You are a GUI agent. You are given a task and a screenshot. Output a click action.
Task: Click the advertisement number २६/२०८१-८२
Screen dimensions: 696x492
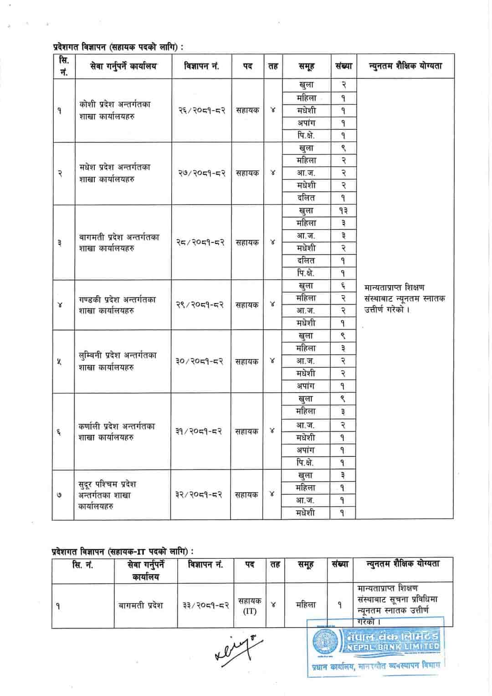(x=201, y=110)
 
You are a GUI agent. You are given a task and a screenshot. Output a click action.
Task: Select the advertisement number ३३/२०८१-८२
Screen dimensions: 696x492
(x=205, y=605)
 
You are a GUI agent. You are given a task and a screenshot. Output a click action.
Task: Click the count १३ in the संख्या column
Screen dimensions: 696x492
(x=343, y=210)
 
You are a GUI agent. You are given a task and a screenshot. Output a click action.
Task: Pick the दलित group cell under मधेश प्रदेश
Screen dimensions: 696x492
(x=306, y=198)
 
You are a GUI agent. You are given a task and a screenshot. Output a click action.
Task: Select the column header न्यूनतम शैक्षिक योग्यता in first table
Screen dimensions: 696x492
(x=405, y=67)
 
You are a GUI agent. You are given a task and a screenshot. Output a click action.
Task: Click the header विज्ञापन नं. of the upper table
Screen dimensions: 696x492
(x=201, y=67)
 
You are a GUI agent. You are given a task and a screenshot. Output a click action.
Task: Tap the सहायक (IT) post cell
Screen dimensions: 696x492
(x=249, y=606)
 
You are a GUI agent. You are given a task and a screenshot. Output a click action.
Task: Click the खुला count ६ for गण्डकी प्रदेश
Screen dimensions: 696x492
(x=343, y=286)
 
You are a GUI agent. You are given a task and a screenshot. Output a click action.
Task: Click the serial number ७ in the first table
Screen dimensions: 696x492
(x=60, y=495)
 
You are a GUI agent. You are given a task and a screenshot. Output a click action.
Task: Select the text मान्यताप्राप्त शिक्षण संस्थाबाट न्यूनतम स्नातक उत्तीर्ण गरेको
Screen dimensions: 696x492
(x=405, y=299)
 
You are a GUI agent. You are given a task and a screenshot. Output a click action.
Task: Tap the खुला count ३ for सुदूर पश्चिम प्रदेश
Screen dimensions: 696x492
(x=343, y=476)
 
